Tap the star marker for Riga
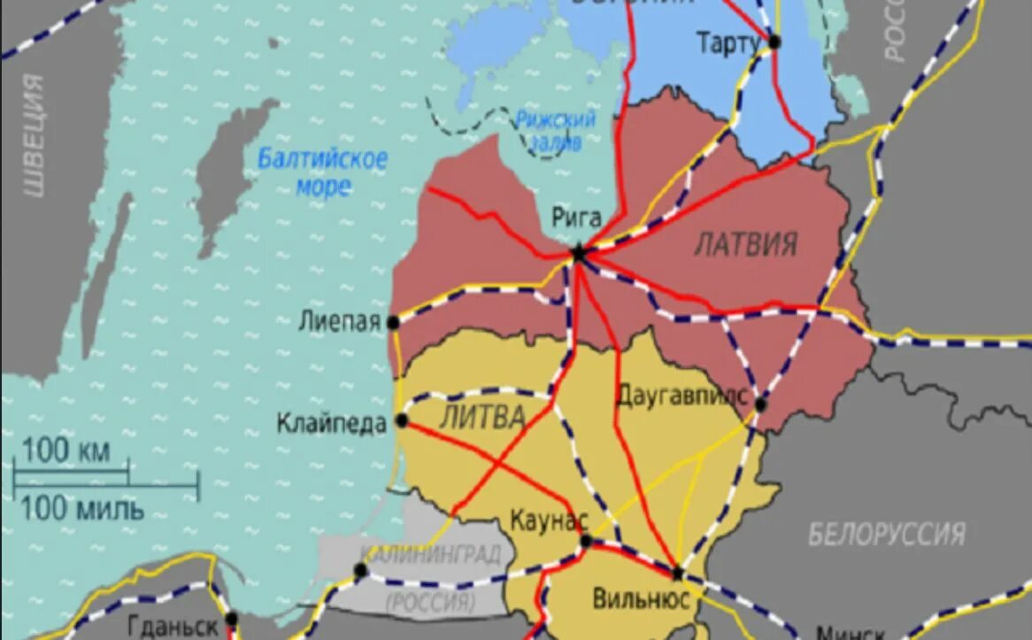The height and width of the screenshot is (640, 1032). pos(579,253)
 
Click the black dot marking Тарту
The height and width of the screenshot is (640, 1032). pos(774,42)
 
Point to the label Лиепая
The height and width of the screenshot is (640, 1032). pos(341,321)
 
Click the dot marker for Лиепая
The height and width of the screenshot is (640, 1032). pos(393,323)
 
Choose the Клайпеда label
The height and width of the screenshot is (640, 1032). pos(331,423)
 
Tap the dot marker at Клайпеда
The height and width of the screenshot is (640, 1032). pos(402,420)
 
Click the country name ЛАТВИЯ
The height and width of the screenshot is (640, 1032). pos(745,243)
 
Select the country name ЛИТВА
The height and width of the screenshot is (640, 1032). pos(481,416)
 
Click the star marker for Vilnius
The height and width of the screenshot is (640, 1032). pos(677,573)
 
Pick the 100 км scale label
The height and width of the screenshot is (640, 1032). pos(65,451)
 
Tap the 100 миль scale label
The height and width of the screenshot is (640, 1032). pos(81,509)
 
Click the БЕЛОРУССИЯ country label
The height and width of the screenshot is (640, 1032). pos(886,534)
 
